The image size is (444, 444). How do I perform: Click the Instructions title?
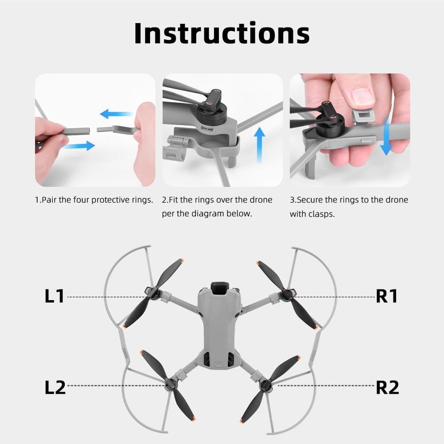point(222,33)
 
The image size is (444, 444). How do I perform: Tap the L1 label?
point(55,296)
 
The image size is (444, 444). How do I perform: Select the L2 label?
point(55,387)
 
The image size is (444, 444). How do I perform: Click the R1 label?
point(387,296)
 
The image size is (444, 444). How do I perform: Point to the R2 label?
point(387,387)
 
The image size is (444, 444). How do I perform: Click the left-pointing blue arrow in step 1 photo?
point(116,114)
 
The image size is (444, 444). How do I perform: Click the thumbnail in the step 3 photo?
point(362,95)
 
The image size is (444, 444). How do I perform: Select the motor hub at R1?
point(288,293)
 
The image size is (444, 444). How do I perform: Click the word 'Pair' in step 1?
point(49,200)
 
